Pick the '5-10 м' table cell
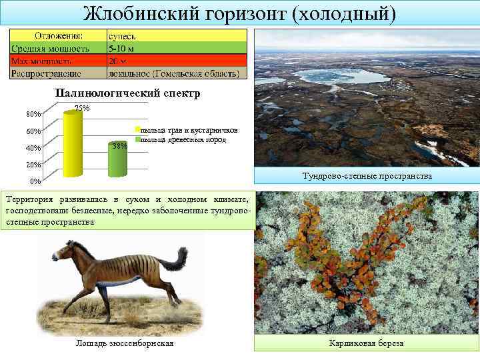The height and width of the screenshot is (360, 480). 123,48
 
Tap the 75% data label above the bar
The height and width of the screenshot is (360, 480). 83,108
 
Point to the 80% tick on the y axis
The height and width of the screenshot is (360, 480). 33,114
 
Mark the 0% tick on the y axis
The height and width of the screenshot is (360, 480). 35,181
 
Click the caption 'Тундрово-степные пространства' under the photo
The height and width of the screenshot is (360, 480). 367,176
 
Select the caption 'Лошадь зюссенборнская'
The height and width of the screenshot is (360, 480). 125,343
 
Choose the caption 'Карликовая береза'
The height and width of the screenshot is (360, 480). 367,343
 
